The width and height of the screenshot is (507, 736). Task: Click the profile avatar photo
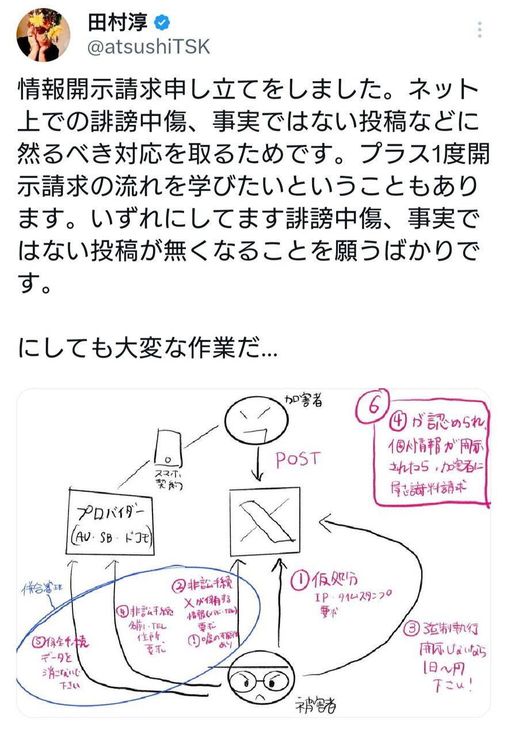[44, 36]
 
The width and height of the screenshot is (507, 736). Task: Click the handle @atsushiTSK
[148, 48]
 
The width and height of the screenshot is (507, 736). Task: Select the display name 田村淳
[117, 24]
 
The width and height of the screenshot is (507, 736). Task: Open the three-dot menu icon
[479, 29]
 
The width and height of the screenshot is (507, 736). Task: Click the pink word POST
[297, 459]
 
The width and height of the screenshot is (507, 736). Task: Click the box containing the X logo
[264, 522]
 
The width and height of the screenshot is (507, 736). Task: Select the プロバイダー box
[111, 522]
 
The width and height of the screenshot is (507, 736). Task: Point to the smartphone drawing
[166, 448]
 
